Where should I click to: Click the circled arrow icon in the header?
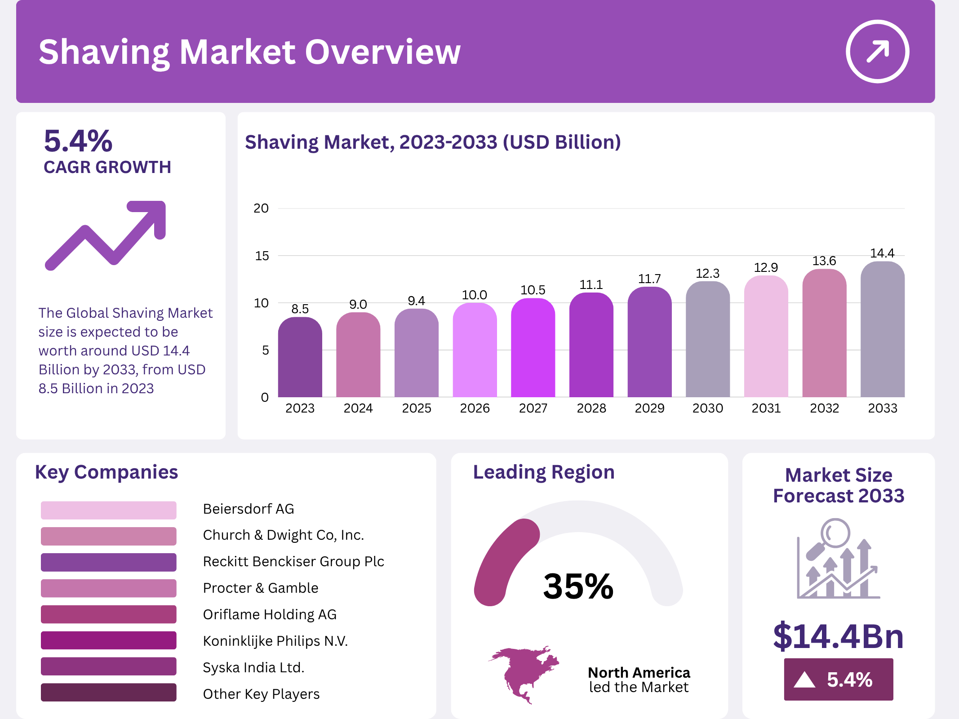[x=877, y=51]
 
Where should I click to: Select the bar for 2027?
[x=533, y=348]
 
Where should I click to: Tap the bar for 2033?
[x=882, y=330]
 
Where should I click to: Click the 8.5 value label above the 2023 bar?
[x=300, y=309]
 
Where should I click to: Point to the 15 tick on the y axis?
[x=262, y=256]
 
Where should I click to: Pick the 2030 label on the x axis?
[x=707, y=408]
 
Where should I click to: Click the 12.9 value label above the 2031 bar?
[x=766, y=268]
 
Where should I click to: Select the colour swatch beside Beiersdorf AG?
[x=108, y=510]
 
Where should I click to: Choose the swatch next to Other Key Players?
[x=108, y=692]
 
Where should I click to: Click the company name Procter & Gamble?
[x=260, y=588]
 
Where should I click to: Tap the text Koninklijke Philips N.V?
[x=275, y=641]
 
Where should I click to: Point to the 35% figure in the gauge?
[x=578, y=586]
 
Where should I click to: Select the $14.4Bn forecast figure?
[x=838, y=636]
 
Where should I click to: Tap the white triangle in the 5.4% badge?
[x=804, y=679]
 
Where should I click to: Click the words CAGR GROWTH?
[x=107, y=167]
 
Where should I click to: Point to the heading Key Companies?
[x=107, y=472]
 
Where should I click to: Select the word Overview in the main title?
[x=383, y=52]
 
